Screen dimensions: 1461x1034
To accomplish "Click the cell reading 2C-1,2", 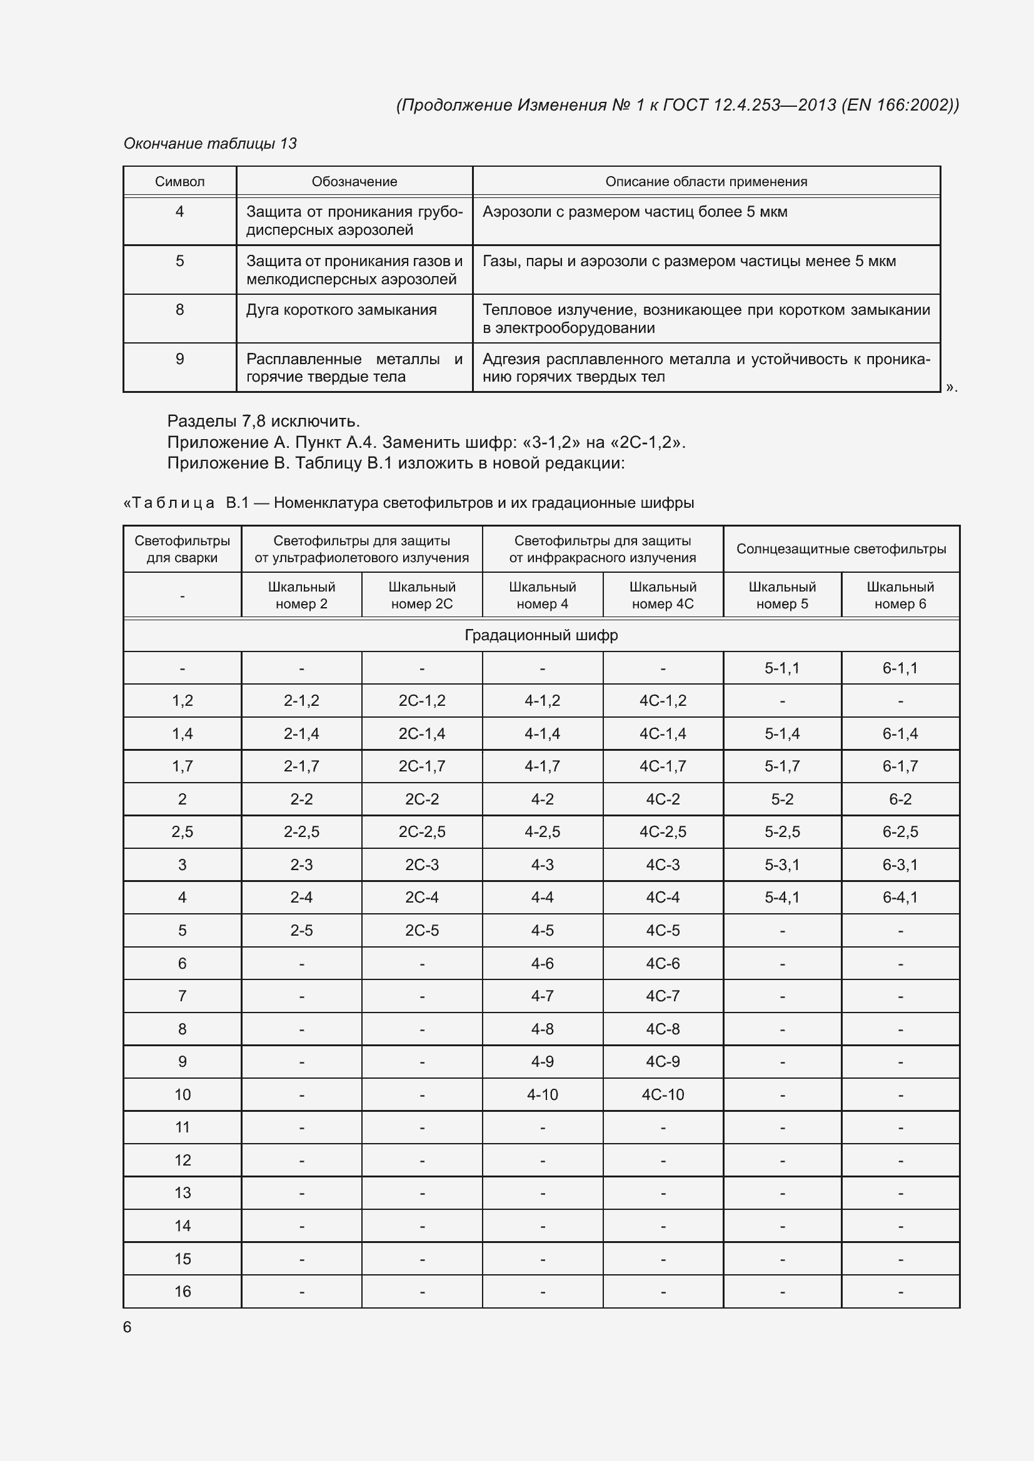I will [421, 701].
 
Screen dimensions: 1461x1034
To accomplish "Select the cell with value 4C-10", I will [662, 1094].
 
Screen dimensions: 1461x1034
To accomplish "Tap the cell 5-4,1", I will [782, 897].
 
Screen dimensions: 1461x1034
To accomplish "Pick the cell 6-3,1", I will [900, 864].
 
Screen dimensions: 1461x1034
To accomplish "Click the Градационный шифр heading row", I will [541, 635].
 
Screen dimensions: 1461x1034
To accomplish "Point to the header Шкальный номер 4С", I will [662, 595].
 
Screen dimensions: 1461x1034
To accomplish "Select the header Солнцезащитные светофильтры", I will [840, 548].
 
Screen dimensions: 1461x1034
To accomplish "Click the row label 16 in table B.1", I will [182, 1291].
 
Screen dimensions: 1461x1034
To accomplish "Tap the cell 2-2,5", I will [301, 831].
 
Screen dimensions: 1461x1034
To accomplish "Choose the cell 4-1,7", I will [542, 766].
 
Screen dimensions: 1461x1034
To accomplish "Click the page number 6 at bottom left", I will [128, 1327].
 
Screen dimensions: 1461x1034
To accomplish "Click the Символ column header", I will [179, 181].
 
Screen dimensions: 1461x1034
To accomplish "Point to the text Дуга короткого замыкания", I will [341, 310].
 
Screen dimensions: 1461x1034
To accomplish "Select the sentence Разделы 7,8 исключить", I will [263, 421].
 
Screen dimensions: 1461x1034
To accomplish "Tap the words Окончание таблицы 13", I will [210, 143].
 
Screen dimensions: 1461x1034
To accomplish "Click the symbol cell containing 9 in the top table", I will [179, 359].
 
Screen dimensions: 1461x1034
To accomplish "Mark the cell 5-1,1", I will [782, 668].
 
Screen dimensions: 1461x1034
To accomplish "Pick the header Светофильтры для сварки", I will [182, 548].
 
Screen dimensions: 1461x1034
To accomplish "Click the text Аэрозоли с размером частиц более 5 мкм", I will [634, 212].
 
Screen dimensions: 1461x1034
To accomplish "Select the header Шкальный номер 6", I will [900, 595].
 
